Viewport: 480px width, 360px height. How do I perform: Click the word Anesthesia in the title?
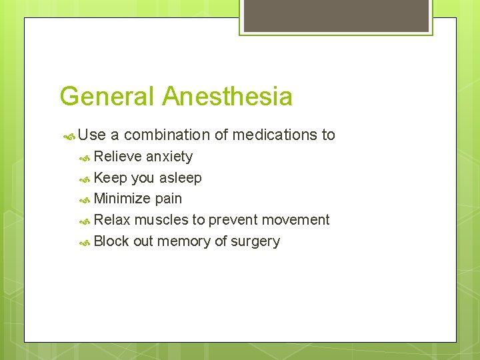[227, 97]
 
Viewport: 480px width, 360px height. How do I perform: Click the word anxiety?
[169, 157]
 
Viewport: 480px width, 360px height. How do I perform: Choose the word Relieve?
[118, 157]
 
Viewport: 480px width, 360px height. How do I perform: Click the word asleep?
[180, 178]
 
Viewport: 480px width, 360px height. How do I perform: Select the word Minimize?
[123, 199]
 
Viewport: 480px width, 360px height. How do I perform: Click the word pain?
[168, 199]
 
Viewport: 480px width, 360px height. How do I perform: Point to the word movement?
[296, 220]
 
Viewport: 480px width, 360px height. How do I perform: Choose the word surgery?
[255, 242]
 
